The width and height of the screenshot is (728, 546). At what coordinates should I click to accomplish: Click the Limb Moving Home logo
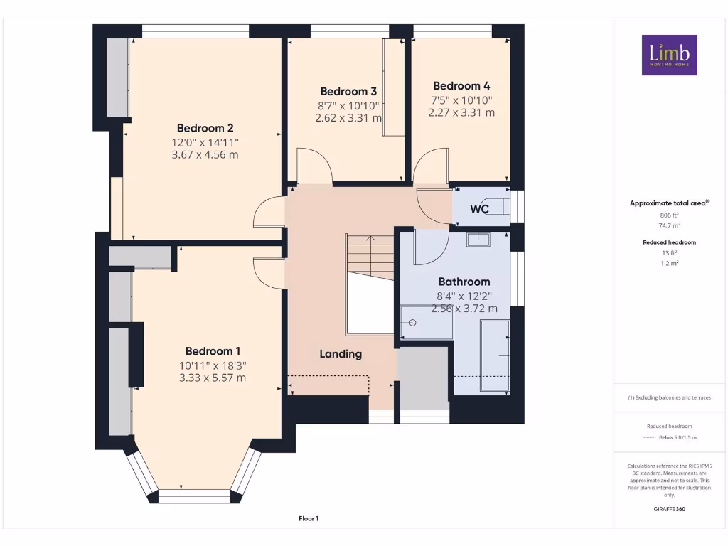[669, 55]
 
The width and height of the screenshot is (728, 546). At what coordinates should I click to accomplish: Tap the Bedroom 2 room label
[205, 128]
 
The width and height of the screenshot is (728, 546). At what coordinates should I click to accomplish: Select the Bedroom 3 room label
[348, 91]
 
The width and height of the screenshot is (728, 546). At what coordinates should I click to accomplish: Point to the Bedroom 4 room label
[461, 85]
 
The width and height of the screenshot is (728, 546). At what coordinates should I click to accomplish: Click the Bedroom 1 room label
[213, 350]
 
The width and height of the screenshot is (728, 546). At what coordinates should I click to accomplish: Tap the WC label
[479, 209]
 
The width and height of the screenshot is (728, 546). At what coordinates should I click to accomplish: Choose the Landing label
[341, 353]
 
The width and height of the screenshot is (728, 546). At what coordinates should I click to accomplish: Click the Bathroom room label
[464, 281]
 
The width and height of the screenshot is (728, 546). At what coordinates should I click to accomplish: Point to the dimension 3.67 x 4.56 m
[205, 154]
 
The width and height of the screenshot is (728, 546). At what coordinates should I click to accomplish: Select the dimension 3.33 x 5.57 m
[213, 378]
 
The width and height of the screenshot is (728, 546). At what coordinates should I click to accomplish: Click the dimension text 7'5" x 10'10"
[461, 100]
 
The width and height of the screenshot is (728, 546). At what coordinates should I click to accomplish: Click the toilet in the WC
[498, 206]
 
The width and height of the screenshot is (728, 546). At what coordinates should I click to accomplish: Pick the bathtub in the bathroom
[495, 355]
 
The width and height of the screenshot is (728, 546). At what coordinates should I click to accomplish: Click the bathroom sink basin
[478, 240]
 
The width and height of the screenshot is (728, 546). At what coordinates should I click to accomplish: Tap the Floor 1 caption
[309, 519]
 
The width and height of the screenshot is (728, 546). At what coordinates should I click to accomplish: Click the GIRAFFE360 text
[668, 509]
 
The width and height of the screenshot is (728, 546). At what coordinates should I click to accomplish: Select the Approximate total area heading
[668, 203]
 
